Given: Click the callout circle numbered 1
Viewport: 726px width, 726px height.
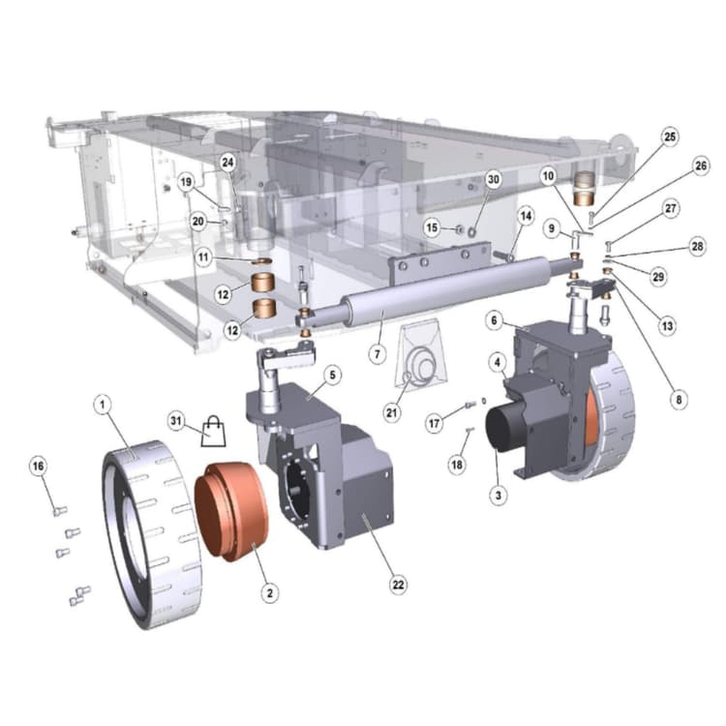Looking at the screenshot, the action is pos(103,405).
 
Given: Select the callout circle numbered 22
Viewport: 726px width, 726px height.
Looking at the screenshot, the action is pos(398,585).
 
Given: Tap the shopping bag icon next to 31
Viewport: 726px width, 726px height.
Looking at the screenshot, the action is pos(214,431).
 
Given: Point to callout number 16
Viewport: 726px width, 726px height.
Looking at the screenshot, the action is pos(38,466).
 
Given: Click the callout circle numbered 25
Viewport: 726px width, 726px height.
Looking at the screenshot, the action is pos(670,137).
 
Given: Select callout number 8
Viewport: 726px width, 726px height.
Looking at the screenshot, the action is pos(679,399).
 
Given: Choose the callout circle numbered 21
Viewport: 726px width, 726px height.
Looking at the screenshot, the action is pos(392,412).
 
